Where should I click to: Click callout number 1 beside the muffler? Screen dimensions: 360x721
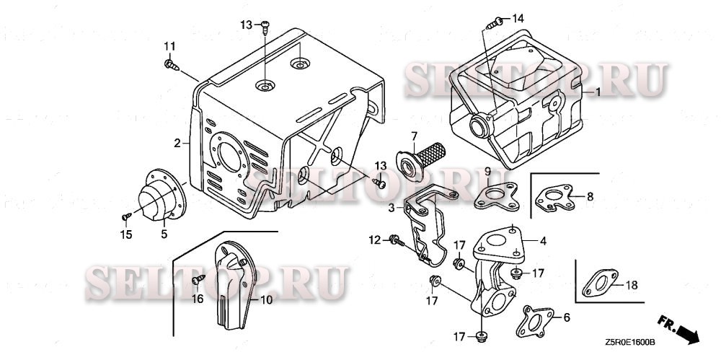(597, 93)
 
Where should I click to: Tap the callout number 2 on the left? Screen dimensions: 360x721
(177, 144)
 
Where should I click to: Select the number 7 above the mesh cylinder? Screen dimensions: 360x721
(415, 136)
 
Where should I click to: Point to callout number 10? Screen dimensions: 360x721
(266, 299)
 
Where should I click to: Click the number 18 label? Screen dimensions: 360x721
(631, 286)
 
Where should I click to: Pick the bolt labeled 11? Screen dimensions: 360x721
(171, 66)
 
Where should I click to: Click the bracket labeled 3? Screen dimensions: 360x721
(425, 220)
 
